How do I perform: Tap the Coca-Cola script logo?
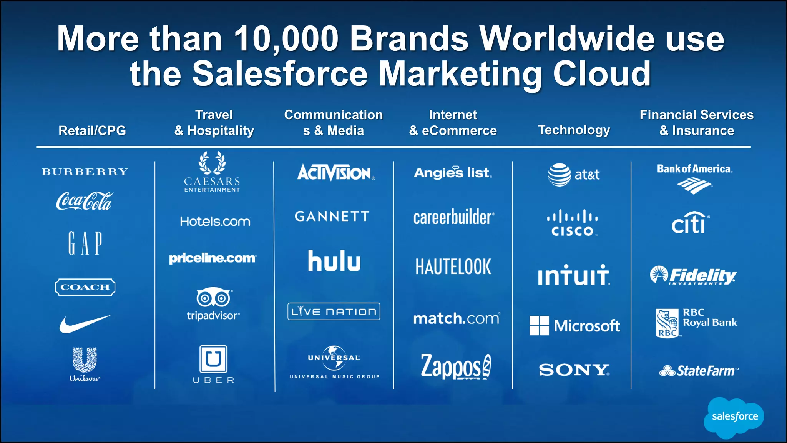tap(85, 201)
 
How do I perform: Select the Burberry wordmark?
tap(85, 172)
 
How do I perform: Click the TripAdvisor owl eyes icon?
tap(214, 298)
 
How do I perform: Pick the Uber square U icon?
tap(213, 359)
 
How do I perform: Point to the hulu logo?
tap(334, 261)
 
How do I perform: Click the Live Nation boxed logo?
tap(334, 311)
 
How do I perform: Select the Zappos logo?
tap(455, 366)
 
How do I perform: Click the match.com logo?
tap(456, 318)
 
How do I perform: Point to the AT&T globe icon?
tap(559, 175)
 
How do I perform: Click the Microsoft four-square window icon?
tap(539, 326)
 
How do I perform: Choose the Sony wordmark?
tap(574, 370)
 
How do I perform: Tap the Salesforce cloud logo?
tap(734, 417)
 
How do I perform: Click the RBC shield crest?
tap(667, 323)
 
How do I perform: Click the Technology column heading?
tap(574, 130)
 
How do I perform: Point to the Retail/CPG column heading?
tap(92, 131)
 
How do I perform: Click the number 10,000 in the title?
tap(286, 39)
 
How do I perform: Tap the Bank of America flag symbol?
tap(694, 186)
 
